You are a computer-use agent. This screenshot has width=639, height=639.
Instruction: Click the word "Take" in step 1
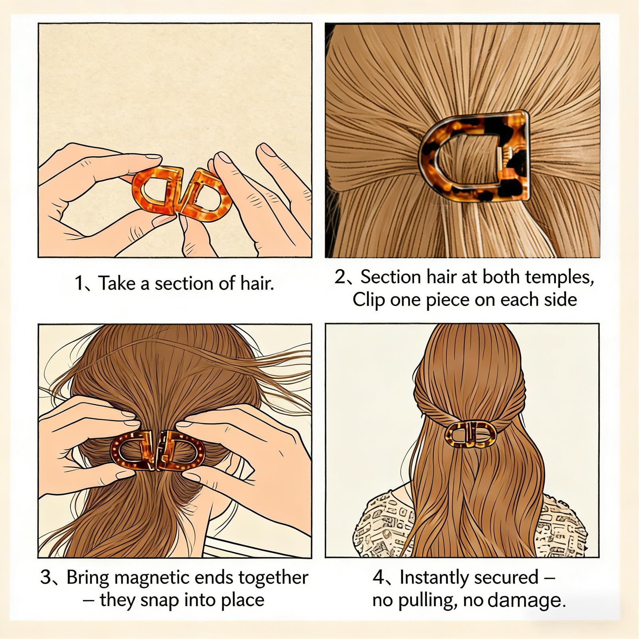tap(117, 284)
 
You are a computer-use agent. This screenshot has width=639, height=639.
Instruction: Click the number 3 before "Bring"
tap(46, 578)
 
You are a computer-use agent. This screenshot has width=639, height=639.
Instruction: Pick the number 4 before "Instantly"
tap(379, 578)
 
